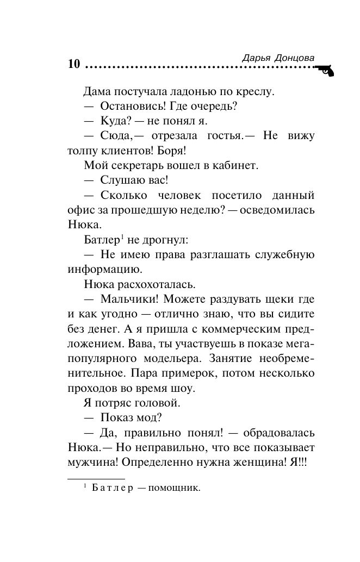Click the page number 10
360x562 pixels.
click(x=74, y=63)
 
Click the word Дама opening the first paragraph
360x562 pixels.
click(x=97, y=91)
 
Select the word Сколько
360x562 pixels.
click(x=123, y=195)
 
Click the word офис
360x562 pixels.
click(x=80, y=209)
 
